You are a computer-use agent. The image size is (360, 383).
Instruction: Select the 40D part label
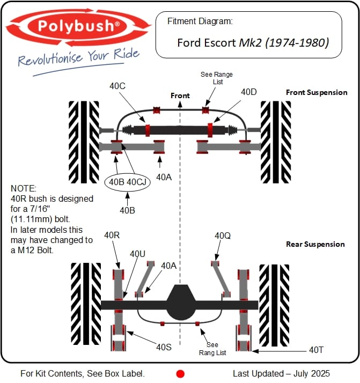click(x=248, y=92)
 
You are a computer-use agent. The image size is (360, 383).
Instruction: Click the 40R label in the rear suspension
click(x=113, y=235)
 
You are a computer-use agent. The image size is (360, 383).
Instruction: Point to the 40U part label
click(x=138, y=253)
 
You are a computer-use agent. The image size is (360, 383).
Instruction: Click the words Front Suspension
click(x=317, y=92)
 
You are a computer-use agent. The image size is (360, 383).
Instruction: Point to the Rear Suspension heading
click(x=315, y=244)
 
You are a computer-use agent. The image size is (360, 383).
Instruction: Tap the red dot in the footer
click(x=180, y=373)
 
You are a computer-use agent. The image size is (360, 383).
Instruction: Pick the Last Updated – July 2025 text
click(x=281, y=373)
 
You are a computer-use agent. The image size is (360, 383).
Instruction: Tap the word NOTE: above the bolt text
click(x=23, y=189)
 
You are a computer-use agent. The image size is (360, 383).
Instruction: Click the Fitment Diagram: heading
click(x=200, y=21)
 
